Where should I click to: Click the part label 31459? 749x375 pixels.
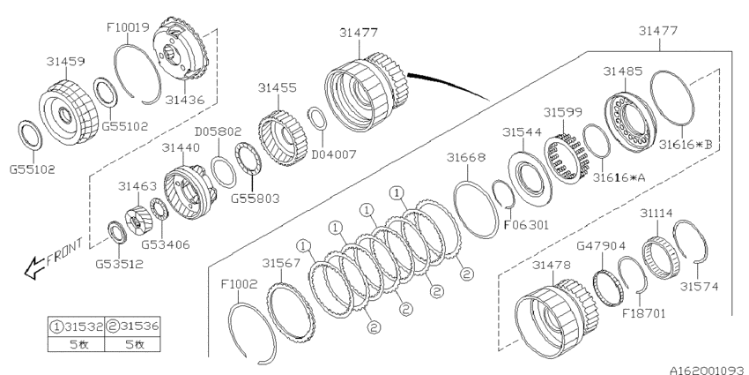click(x=65, y=61)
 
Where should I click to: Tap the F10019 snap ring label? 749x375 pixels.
click(x=128, y=26)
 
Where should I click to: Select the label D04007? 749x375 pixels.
click(x=334, y=154)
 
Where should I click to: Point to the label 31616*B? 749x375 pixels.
click(x=686, y=144)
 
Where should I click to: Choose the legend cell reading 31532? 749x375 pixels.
click(x=77, y=326)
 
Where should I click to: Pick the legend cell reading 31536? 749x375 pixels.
click(x=132, y=326)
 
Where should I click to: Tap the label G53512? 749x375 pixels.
click(x=119, y=264)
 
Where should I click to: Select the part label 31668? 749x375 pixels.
click(x=466, y=157)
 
